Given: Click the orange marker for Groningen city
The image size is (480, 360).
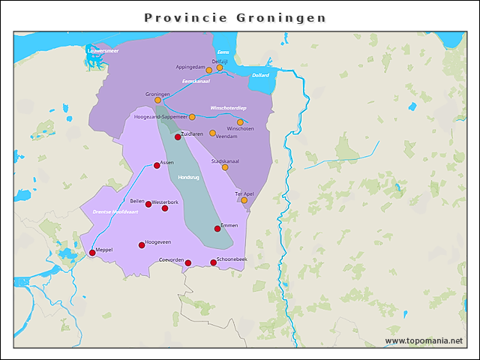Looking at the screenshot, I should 157,100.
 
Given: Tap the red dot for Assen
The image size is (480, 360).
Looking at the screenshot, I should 157,166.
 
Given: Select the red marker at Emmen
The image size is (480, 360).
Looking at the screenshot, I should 217,229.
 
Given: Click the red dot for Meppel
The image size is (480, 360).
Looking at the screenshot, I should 92,253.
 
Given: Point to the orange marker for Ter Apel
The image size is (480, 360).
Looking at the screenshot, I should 244,200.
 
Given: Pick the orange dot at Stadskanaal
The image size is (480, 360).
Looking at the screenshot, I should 225,167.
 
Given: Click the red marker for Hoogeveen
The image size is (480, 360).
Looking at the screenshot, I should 142,245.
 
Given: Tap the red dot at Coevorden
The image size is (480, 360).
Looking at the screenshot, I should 188,263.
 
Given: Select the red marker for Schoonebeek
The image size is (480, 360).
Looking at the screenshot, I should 213,262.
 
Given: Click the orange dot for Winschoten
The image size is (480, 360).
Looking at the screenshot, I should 240,122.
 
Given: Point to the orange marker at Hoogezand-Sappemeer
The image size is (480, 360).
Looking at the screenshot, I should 192,117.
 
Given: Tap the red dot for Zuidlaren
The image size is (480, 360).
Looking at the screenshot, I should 178,137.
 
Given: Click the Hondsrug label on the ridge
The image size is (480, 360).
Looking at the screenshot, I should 188,178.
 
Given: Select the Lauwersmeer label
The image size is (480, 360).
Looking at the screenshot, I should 102,50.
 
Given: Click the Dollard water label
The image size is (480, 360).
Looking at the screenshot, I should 260,76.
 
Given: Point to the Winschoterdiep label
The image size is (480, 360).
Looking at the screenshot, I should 229,108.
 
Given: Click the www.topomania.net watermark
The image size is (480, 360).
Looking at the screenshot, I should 424,341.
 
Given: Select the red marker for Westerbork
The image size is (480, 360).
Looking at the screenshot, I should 165,208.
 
